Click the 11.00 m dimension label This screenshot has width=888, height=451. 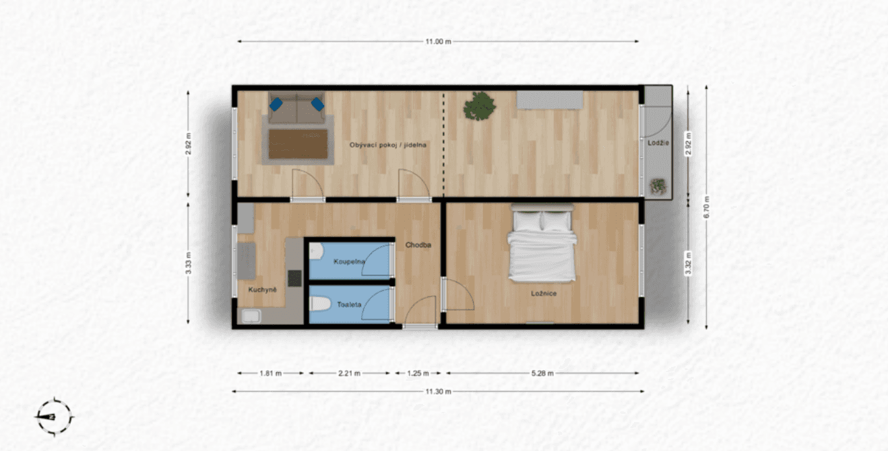click(x=438, y=42)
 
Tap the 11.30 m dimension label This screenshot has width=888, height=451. click(x=438, y=391)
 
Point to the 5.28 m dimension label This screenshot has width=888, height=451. click(x=542, y=373)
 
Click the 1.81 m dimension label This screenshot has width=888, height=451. click(x=270, y=373)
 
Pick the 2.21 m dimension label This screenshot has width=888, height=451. click(x=349, y=373)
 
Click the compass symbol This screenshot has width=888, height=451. click(x=53, y=417)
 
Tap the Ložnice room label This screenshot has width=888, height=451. click(x=543, y=293)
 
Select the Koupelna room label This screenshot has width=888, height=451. click(x=350, y=261)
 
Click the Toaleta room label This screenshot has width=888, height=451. click(x=349, y=304)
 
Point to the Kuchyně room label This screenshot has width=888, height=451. click(x=262, y=289)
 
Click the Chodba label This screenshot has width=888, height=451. click(x=418, y=245)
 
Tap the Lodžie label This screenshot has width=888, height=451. click(x=658, y=143)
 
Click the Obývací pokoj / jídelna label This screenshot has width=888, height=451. click(x=388, y=145)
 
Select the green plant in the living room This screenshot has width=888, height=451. click(x=480, y=106)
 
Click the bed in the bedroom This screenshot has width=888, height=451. click(x=542, y=246)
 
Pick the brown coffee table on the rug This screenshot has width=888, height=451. click(x=298, y=143)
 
